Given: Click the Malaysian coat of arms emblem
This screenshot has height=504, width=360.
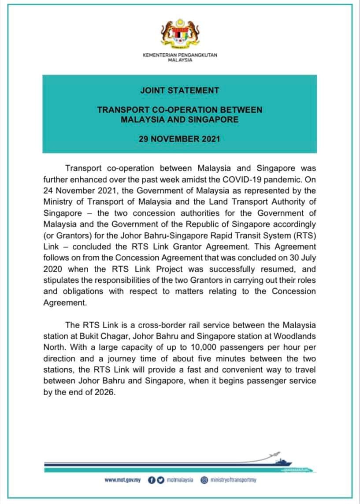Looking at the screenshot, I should (x=179, y=34).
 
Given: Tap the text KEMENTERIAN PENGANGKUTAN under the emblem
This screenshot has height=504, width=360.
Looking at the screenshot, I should (x=180, y=55).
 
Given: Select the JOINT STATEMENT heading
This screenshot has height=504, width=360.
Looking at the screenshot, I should (x=179, y=90).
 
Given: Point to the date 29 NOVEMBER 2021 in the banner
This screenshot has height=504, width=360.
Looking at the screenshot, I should (x=179, y=139).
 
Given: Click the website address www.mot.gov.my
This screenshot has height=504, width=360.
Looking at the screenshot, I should (x=122, y=480).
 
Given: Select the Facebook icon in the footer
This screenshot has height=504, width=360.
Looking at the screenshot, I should (x=151, y=480).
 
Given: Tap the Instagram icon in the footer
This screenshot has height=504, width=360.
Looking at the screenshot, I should (x=204, y=480).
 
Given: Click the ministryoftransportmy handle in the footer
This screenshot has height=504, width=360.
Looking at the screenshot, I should (x=234, y=480).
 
